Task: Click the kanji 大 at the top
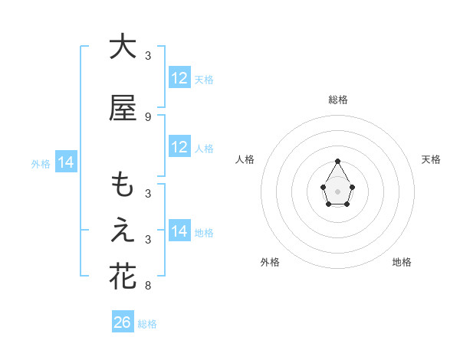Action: click(123, 47)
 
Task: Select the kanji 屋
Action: click(123, 109)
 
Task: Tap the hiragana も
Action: click(123, 186)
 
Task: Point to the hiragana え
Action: click(123, 231)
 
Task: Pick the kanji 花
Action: click(123, 277)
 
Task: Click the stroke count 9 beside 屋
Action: click(148, 117)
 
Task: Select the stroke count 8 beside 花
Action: click(148, 286)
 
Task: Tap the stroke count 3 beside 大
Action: click(148, 56)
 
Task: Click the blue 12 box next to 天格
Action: click(179, 78)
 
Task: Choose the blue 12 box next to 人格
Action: click(179, 147)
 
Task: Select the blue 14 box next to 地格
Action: click(179, 231)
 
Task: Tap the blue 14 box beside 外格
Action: click(66, 162)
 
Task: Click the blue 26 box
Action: click(123, 322)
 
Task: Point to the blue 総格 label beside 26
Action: click(147, 324)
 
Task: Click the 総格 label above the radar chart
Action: click(338, 100)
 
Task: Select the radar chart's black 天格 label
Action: click(431, 159)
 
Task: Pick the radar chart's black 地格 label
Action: click(402, 262)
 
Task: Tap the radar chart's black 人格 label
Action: click(245, 159)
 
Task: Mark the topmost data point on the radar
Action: click(338, 161)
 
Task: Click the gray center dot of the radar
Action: click(338, 190)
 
